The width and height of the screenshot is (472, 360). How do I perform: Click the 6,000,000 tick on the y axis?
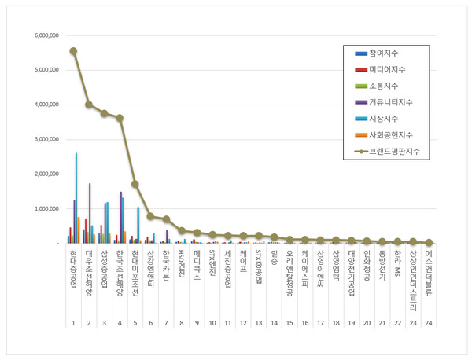coord(42,35)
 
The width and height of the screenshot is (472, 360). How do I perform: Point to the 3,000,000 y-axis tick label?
coord(42,140)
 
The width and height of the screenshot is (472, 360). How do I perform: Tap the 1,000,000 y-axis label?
coord(42,209)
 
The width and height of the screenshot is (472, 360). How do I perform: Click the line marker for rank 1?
coord(73,51)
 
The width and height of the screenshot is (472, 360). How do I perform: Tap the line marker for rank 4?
coord(120,118)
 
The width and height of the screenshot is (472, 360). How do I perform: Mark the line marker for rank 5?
coord(135,184)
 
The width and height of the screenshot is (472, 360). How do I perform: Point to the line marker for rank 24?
coord(428,243)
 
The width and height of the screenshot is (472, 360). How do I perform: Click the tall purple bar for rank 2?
coord(90,213)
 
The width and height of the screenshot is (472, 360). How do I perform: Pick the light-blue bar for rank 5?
coord(138,226)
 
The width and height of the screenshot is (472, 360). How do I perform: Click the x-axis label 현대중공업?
coord(73,269)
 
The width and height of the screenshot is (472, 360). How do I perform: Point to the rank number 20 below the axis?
coord(367,322)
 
